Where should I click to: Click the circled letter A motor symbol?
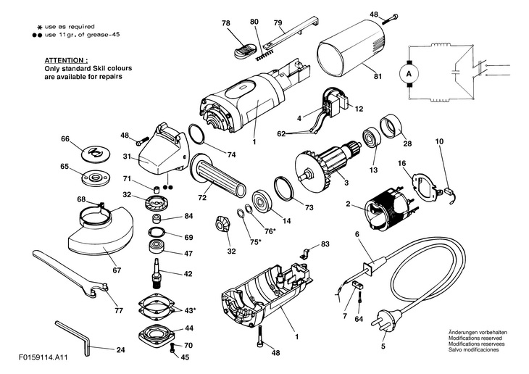[x=409, y=74]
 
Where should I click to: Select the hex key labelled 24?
[x=73, y=338]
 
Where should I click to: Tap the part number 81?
[x=378, y=76]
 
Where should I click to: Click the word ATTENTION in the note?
[x=66, y=60]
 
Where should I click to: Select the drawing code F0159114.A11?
[x=43, y=357]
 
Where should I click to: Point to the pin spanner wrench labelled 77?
[x=71, y=275]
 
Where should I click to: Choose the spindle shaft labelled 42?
[x=157, y=273]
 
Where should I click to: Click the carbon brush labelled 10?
[x=449, y=193]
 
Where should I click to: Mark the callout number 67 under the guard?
[x=117, y=270]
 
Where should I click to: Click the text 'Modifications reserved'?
[x=475, y=338]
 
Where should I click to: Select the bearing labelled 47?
[x=157, y=246]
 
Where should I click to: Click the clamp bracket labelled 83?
[x=305, y=253]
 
